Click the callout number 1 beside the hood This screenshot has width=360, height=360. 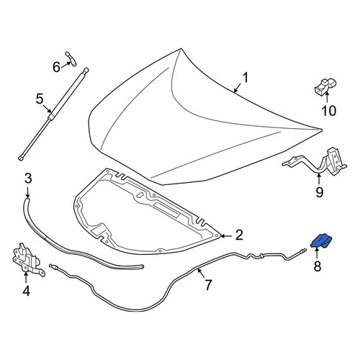[x=245, y=78]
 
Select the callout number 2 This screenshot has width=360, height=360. [x=239, y=235]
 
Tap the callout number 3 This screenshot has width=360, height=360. [x=28, y=179]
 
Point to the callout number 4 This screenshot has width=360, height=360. [x=26, y=291]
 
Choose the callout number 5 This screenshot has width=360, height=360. [x=40, y=99]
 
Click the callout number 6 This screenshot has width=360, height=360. [x=56, y=67]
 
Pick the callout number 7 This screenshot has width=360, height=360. [x=207, y=285]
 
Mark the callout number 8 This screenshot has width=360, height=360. [x=318, y=266]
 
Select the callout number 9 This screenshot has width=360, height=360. [x=319, y=192]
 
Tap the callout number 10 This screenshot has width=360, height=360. [x=329, y=111]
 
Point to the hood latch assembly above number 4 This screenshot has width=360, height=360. [x=28, y=260]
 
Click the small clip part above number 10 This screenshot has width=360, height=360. [x=325, y=87]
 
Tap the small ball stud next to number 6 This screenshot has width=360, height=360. [x=71, y=59]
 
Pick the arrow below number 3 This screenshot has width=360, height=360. [x=27, y=192]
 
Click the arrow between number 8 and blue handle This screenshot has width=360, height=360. [x=317, y=253]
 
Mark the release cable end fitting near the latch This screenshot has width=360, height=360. [x=53, y=266]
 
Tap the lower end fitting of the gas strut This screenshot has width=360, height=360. [x=21, y=158]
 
